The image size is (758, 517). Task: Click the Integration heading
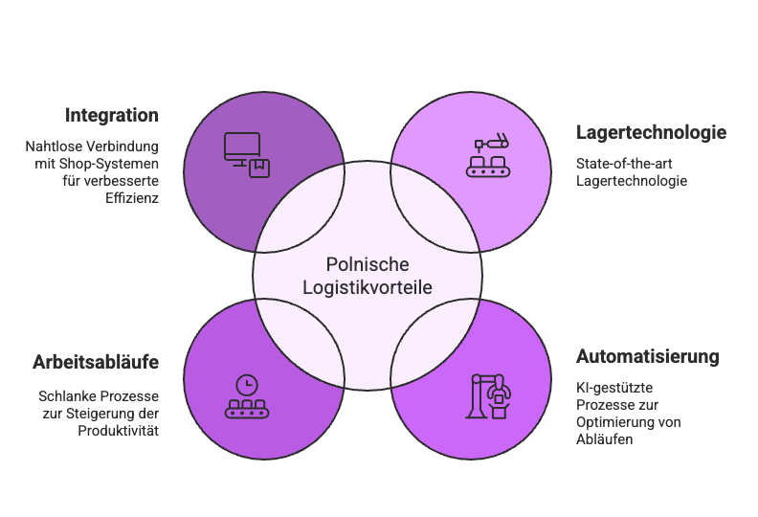tap(111, 115)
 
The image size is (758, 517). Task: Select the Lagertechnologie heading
tap(651, 132)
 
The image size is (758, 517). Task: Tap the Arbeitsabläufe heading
tap(96, 363)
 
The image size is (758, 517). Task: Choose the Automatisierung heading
tap(647, 357)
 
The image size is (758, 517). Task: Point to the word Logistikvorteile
tap(368, 286)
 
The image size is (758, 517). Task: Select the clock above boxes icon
tap(246, 395)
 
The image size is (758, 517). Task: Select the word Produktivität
tap(118, 430)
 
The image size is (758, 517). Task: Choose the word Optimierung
tap(626, 422)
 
